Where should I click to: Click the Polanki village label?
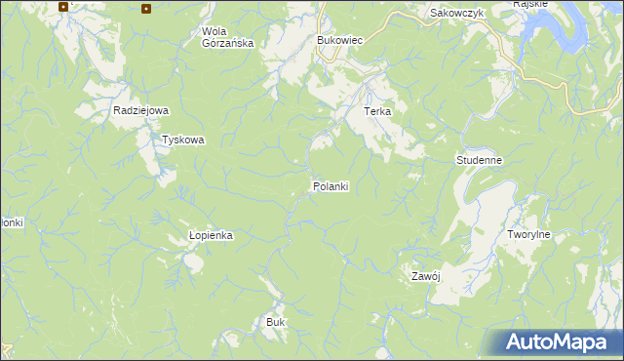(x=331, y=185)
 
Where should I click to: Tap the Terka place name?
(x=377, y=111)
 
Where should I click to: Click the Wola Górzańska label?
(x=227, y=37)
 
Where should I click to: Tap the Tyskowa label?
(x=183, y=140)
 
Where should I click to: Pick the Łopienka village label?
(x=212, y=236)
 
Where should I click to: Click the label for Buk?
(x=275, y=321)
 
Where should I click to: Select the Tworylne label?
(x=529, y=235)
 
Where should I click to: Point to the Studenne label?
(x=479, y=159)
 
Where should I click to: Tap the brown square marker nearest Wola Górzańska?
(x=146, y=9)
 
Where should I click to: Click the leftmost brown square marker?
(x=63, y=6)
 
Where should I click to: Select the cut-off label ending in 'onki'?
(x=11, y=222)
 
